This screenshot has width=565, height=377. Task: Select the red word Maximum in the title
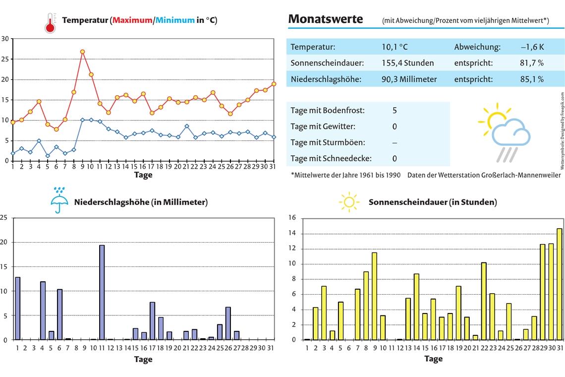click(x=132, y=20)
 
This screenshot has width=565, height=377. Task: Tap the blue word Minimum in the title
click(x=175, y=20)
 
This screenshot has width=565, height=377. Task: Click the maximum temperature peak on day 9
click(x=82, y=52)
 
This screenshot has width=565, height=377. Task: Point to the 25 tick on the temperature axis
click(x=5, y=59)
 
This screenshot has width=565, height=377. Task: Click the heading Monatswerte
click(x=325, y=19)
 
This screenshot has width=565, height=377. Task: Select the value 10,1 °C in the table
click(x=395, y=47)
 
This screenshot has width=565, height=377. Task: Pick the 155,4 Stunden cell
click(x=407, y=63)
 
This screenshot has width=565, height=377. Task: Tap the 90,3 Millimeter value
click(x=409, y=79)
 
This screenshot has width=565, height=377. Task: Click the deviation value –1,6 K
click(x=532, y=47)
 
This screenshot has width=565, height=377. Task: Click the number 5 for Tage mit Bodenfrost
click(x=395, y=110)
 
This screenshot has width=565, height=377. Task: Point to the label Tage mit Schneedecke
click(x=331, y=158)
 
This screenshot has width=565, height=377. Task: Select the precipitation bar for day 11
click(x=102, y=292)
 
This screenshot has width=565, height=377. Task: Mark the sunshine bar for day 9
click(x=374, y=296)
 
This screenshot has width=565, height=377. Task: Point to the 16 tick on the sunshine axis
click(x=292, y=218)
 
